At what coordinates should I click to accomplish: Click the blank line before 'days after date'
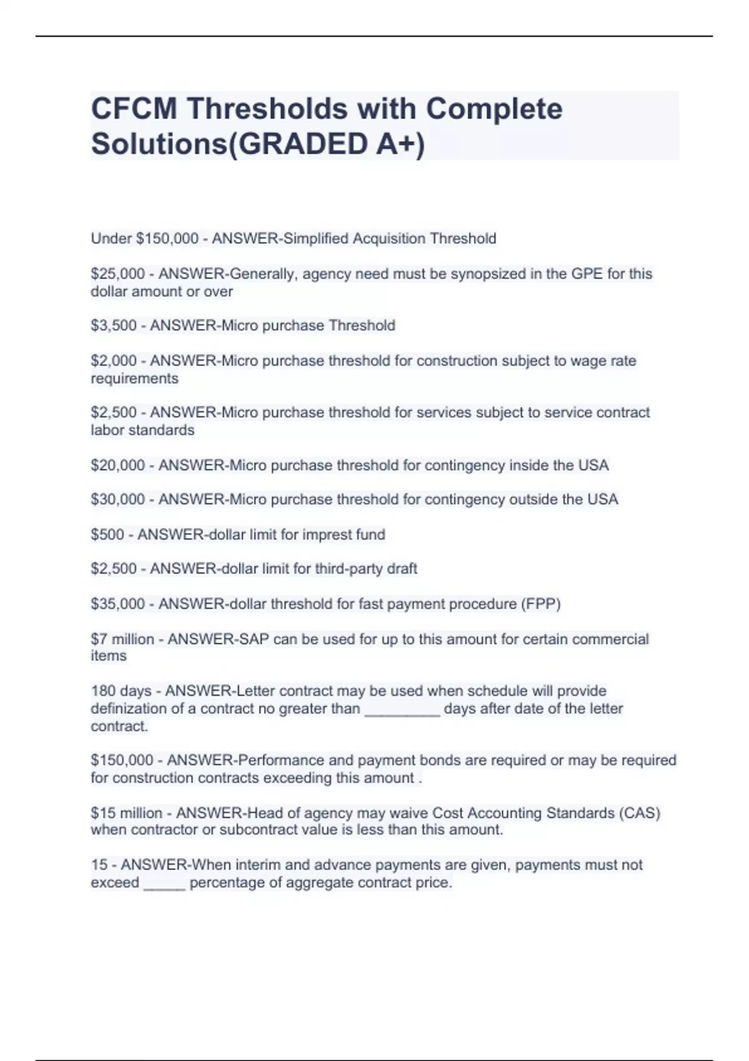(x=402, y=711)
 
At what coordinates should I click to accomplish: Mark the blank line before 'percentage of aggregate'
(x=164, y=885)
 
